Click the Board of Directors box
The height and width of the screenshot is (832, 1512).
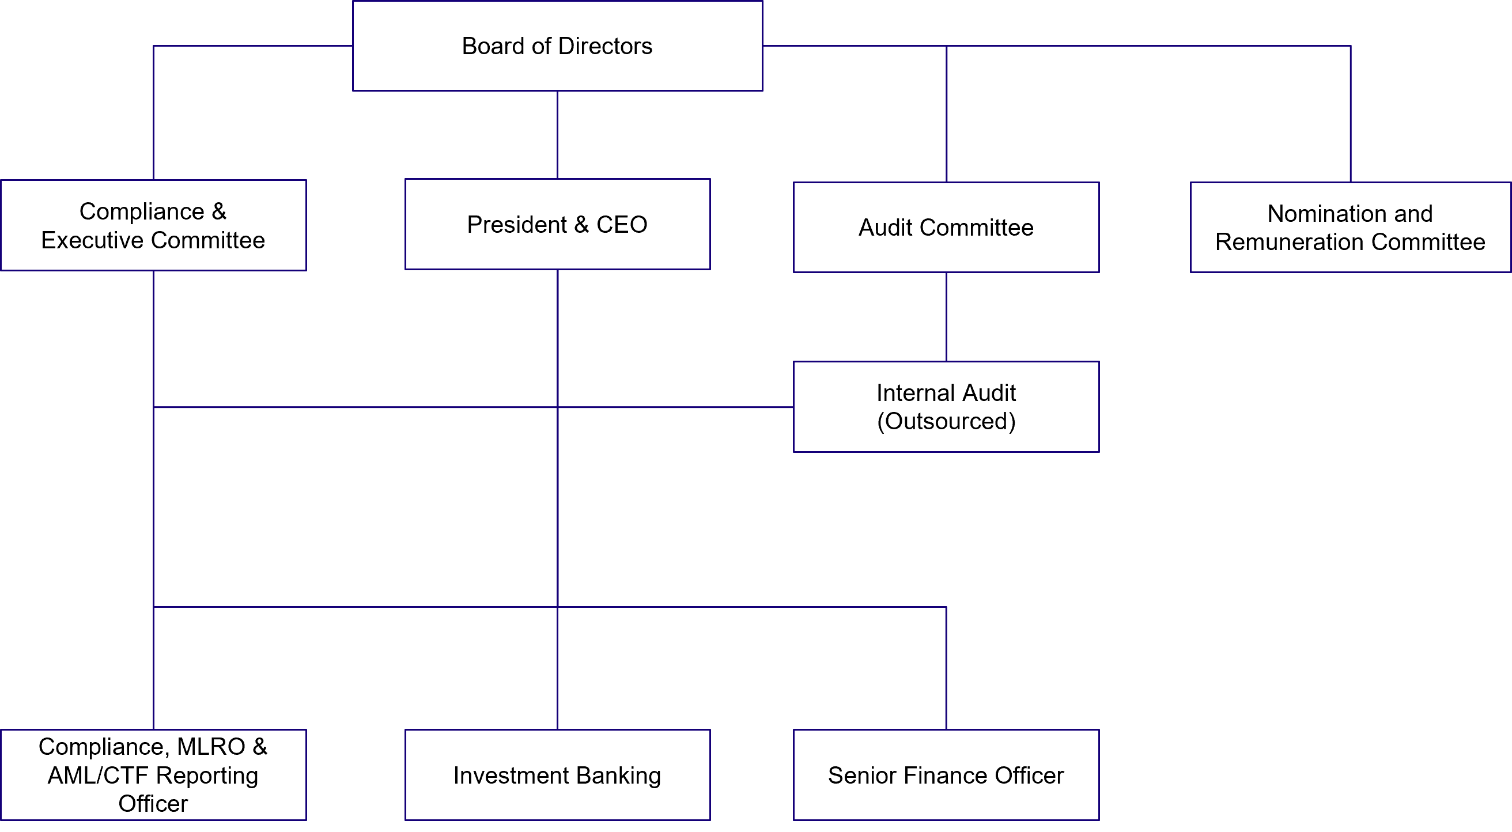click(x=557, y=46)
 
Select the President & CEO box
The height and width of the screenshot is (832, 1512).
click(x=557, y=225)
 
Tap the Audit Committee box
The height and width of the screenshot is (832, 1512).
click(x=946, y=228)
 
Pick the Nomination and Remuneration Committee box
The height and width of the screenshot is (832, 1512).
click(x=1350, y=228)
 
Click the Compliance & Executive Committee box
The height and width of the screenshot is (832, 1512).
click(x=153, y=225)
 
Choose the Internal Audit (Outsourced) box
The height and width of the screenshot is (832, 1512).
click(x=946, y=407)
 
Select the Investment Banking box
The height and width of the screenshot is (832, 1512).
click(x=557, y=775)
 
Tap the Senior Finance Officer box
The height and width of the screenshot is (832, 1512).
click(x=946, y=775)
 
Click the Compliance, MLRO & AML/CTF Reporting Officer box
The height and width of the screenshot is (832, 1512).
click(x=153, y=775)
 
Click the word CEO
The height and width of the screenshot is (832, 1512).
click(x=622, y=225)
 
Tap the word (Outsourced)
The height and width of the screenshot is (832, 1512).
click(x=946, y=421)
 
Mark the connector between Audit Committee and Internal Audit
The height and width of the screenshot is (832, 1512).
click(x=946, y=317)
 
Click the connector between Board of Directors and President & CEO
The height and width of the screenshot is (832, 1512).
click(x=557, y=135)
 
